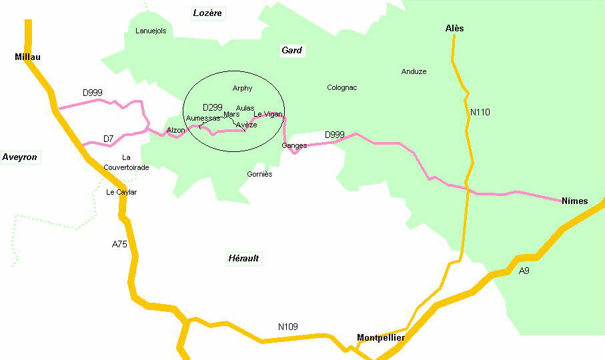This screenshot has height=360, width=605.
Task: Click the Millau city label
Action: (x=27, y=57)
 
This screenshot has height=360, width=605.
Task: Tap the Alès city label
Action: (x=454, y=29)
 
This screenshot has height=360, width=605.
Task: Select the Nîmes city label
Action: (x=574, y=201)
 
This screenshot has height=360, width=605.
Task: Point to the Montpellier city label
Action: (x=381, y=337)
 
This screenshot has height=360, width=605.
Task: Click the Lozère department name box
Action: (x=208, y=13)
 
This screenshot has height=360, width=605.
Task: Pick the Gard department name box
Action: (x=291, y=50)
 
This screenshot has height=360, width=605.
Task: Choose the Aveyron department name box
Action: (x=20, y=157)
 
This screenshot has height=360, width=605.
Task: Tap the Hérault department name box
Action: (x=243, y=258)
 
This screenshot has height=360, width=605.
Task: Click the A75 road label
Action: (x=119, y=245)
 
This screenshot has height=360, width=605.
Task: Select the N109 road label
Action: (x=287, y=327)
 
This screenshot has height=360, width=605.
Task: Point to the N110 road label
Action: (x=480, y=112)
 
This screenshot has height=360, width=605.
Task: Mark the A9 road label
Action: (x=524, y=271)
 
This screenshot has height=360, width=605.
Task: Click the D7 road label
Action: (x=108, y=139)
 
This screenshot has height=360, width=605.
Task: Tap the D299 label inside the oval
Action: (x=212, y=107)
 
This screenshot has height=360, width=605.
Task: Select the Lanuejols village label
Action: (x=151, y=31)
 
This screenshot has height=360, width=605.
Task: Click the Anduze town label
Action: (x=414, y=71)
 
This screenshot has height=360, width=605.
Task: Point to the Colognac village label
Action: (x=342, y=87)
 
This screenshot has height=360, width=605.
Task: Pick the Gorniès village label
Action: (x=259, y=174)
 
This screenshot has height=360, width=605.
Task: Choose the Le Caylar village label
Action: (x=121, y=192)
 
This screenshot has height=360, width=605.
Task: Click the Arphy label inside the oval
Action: (x=242, y=88)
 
